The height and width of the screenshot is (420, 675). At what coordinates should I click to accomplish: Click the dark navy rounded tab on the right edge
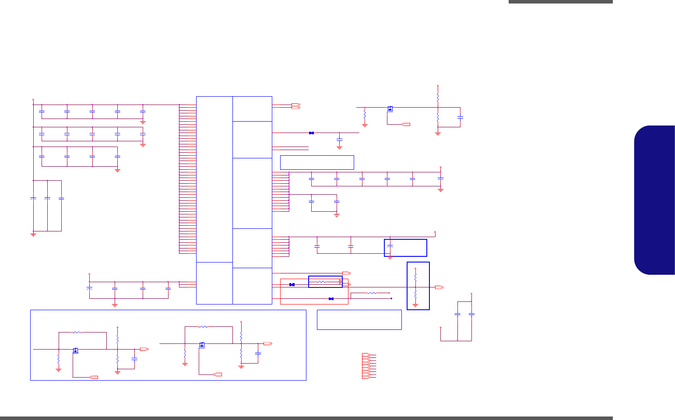(654, 200)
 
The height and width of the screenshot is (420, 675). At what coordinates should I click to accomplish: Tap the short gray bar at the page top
(560, 2)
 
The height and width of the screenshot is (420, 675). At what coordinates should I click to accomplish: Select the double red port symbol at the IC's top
(296, 106)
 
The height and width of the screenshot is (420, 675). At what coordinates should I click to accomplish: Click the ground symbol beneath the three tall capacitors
(33, 234)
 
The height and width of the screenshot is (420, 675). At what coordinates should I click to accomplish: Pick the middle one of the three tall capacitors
(47, 199)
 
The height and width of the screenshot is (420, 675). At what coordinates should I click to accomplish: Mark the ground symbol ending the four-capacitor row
(117, 170)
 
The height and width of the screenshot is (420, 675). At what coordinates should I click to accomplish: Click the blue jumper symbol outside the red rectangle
(311, 133)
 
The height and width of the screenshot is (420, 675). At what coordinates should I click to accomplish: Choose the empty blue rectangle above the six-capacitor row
(316, 162)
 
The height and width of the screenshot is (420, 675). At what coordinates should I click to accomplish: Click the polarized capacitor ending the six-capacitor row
(441, 179)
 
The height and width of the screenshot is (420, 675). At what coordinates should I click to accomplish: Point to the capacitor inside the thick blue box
(390, 247)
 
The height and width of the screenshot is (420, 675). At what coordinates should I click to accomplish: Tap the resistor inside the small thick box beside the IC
(322, 282)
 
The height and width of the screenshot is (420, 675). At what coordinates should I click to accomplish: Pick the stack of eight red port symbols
(366, 366)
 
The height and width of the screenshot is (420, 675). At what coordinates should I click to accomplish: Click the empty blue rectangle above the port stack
(359, 319)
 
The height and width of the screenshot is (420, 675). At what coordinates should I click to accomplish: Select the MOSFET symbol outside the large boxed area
(390, 108)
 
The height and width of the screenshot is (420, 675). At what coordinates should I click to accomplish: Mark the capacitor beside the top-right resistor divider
(460, 117)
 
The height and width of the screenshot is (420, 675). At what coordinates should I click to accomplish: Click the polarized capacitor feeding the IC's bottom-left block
(89, 289)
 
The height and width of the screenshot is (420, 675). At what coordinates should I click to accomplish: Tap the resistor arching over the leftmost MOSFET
(77, 332)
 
